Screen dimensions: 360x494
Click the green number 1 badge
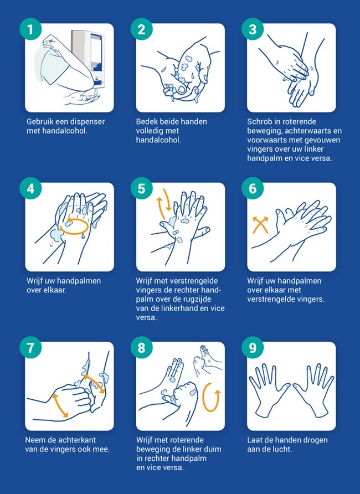[x=30, y=29]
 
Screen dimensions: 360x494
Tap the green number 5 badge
[x=141, y=188]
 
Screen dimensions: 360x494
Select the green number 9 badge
[x=253, y=348]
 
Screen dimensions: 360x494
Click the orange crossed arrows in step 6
[x=260, y=225]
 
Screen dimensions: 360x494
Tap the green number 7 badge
[x=30, y=348]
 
